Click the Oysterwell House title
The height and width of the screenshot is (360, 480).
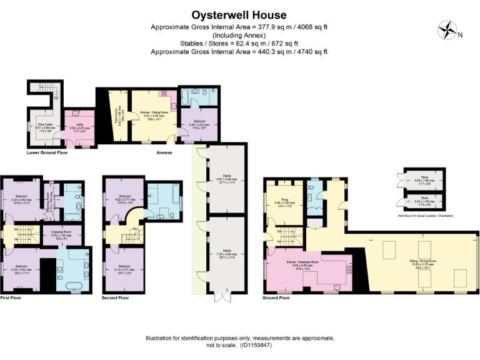[239, 14]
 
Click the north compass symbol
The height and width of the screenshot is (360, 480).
[448, 30]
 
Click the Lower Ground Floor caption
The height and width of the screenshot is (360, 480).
[47, 152]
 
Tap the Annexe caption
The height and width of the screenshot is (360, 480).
[164, 152]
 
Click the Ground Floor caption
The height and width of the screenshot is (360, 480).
[276, 298]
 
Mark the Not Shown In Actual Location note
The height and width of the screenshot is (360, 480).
[421, 216]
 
